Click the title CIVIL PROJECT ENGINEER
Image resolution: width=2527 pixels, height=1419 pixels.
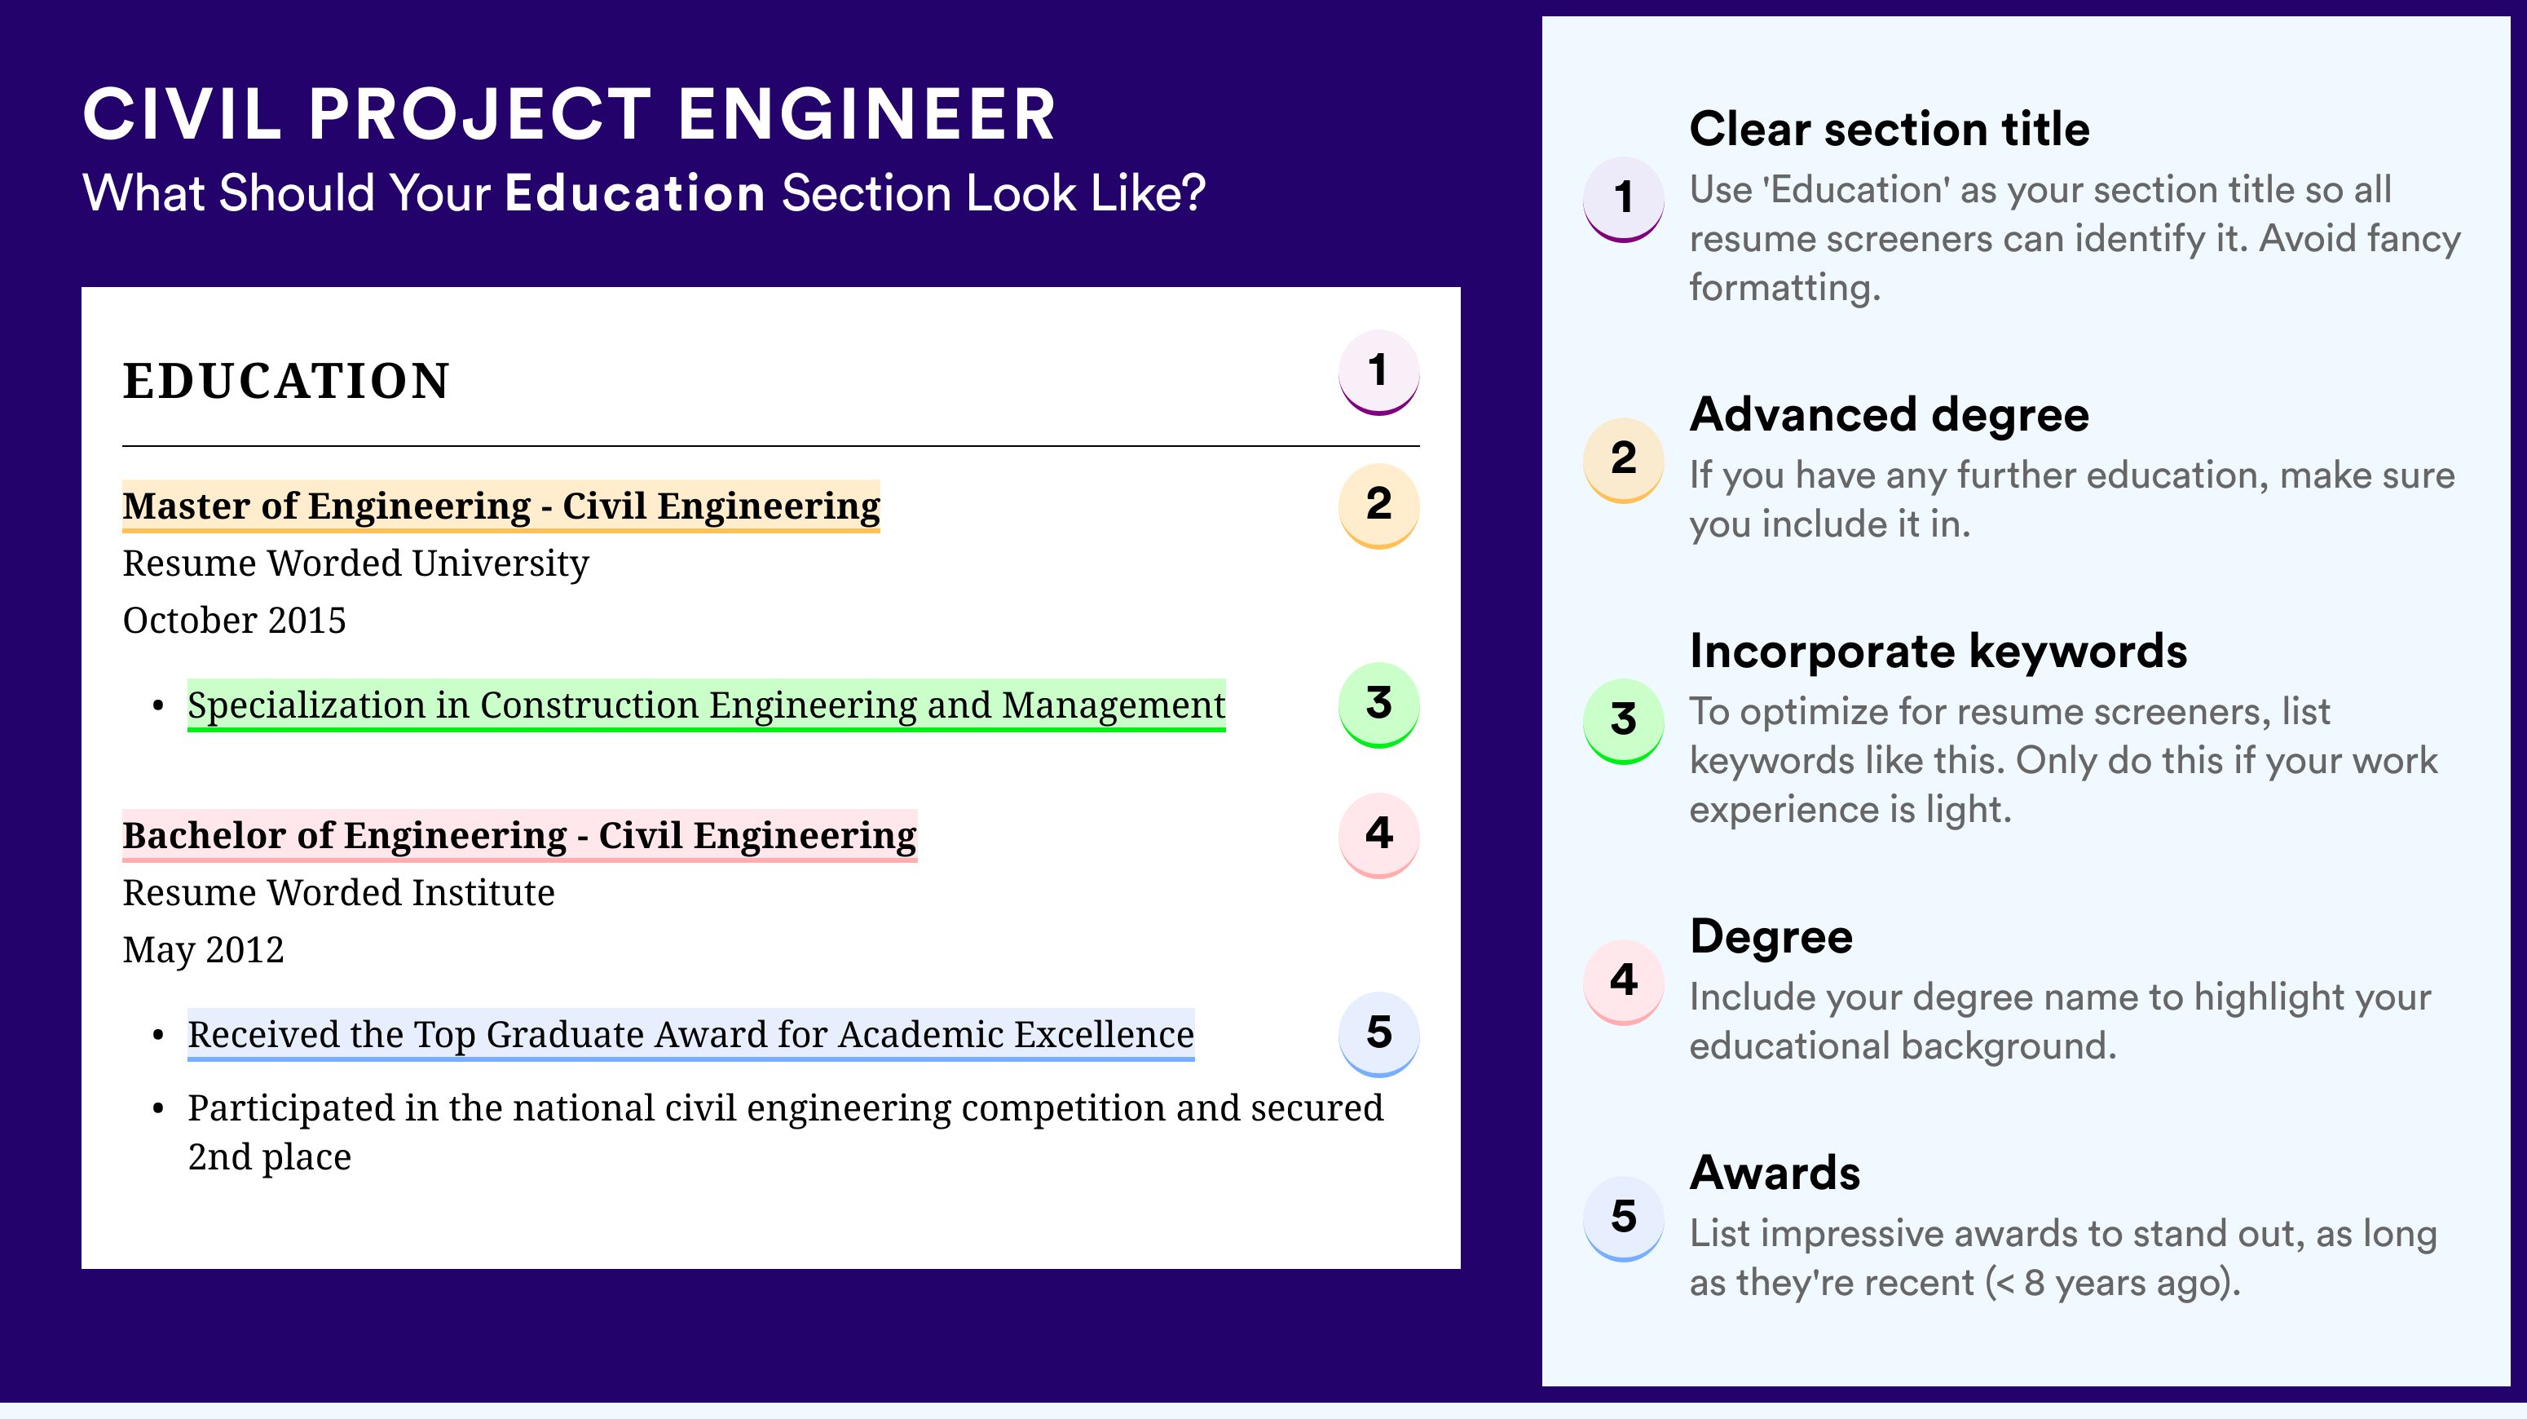click(x=569, y=114)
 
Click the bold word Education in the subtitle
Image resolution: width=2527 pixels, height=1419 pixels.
click(x=635, y=192)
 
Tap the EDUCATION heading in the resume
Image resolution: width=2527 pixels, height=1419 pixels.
click(x=285, y=381)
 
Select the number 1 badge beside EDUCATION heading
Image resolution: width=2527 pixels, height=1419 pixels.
click(x=1378, y=372)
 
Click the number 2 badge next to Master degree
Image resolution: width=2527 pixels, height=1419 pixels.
click(x=1378, y=506)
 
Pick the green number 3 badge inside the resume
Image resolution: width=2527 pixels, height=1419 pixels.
click(x=1378, y=705)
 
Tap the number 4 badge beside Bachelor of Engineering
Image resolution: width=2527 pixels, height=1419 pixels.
click(x=1378, y=835)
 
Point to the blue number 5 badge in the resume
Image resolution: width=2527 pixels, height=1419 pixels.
click(x=1378, y=1034)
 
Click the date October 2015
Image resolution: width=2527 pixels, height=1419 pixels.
click(x=235, y=620)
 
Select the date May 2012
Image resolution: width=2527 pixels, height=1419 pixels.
click(x=203, y=951)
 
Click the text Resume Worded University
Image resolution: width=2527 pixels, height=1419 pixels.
click(x=356, y=564)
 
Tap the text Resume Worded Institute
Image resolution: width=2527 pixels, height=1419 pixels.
click(x=338, y=893)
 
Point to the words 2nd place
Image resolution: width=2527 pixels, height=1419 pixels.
click(x=270, y=1158)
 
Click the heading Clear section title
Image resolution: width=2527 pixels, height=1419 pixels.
click(x=1890, y=129)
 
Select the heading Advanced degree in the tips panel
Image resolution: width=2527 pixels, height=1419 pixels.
click(x=1890, y=415)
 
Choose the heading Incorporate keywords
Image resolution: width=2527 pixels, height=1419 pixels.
click(x=1938, y=651)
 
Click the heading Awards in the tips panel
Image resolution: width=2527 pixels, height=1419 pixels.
click(x=1775, y=1173)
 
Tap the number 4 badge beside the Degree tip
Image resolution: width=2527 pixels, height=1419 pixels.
click(x=1624, y=981)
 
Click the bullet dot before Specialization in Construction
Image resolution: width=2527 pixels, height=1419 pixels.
click(x=158, y=706)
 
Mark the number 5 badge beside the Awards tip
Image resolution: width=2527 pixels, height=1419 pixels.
click(x=1624, y=1218)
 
